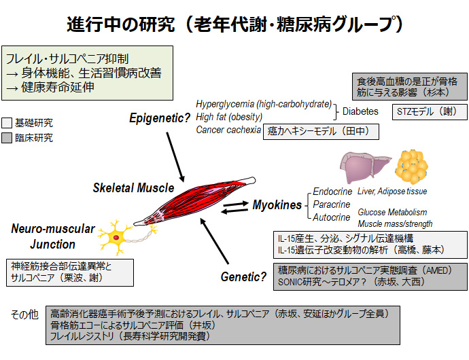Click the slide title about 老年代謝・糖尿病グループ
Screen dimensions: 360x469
point(234,24)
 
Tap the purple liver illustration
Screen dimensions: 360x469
point(364,166)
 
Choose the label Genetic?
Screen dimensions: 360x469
point(243,276)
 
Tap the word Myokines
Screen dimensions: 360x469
point(277,204)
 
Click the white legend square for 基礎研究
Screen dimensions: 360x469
point(7,124)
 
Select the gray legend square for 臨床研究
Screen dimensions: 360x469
point(7,139)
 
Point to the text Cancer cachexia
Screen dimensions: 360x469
point(227,130)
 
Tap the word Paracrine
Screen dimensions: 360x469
point(332,204)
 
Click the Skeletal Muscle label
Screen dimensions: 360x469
point(133,187)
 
